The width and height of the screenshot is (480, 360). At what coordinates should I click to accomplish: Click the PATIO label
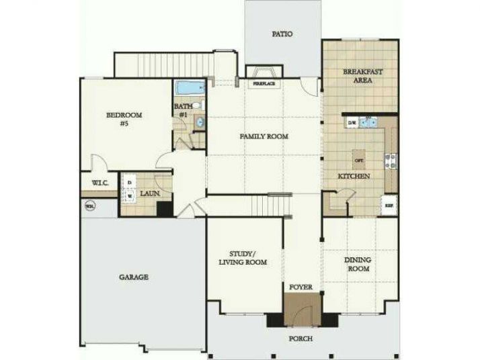pos(282,34)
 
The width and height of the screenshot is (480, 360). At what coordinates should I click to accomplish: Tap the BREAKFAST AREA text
pos(358,76)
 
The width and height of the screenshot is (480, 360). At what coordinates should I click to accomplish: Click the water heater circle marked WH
pos(89,207)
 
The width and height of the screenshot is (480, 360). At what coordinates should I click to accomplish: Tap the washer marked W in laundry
pos(130,197)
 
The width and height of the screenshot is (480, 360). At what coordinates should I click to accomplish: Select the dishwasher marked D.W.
pos(352,123)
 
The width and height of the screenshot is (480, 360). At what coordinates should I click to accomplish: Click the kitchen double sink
pos(369,123)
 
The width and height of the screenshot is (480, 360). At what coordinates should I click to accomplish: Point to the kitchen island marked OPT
pos(359,161)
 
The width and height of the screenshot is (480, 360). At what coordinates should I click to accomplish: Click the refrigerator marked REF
pos(389,205)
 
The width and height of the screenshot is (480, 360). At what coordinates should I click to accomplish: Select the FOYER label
pos(301,287)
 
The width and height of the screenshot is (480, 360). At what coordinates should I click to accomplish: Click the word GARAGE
pos(134,277)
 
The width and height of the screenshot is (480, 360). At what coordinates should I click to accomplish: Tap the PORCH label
pos(301,339)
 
